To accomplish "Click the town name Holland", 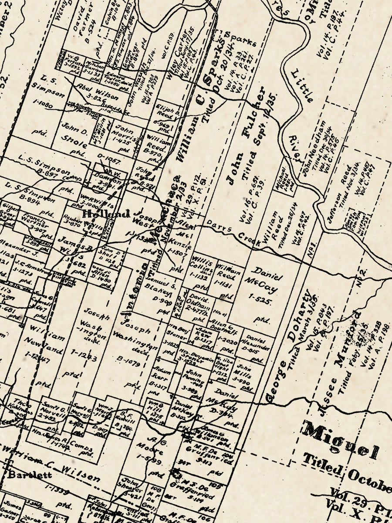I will point(106,214).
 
